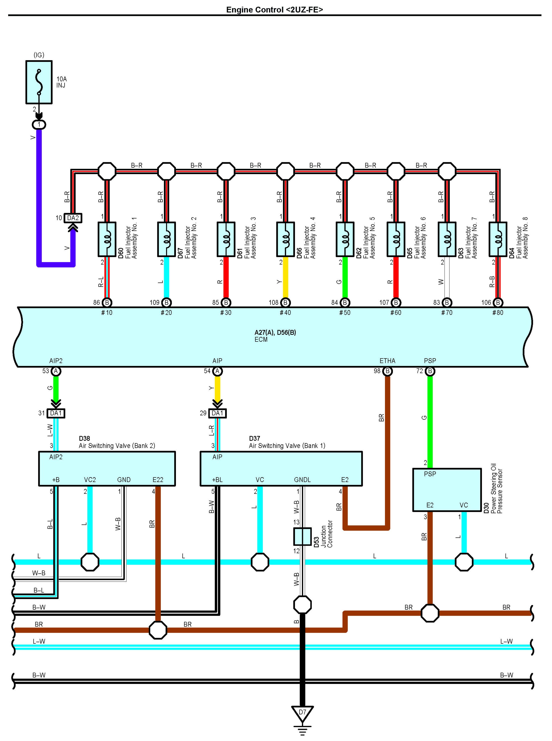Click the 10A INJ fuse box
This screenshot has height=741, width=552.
point(39,82)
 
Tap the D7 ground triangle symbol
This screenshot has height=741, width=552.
point(302,715)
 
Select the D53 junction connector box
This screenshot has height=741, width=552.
point(302,537)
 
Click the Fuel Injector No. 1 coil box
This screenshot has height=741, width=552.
point(107,239)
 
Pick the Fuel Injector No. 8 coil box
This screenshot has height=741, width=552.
point(498,239)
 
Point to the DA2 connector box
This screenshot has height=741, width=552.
point(73,218)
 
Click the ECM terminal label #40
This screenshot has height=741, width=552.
point(285,313)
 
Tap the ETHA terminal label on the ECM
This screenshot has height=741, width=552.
point(387,361)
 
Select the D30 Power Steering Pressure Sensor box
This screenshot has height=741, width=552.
point(447,490)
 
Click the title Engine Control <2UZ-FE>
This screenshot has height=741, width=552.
point(275,10)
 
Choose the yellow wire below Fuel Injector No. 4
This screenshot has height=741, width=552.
point(285,277)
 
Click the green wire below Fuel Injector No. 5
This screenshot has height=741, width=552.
point(345,277)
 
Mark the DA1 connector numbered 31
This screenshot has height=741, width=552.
point(56,413)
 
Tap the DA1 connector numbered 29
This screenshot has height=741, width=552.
point(217,413)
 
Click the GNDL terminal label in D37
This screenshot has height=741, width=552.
point(302,479)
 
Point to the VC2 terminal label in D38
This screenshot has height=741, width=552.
point(90,479)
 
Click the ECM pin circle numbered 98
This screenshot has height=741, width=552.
point(387,371)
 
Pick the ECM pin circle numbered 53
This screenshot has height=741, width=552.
point(56,371)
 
